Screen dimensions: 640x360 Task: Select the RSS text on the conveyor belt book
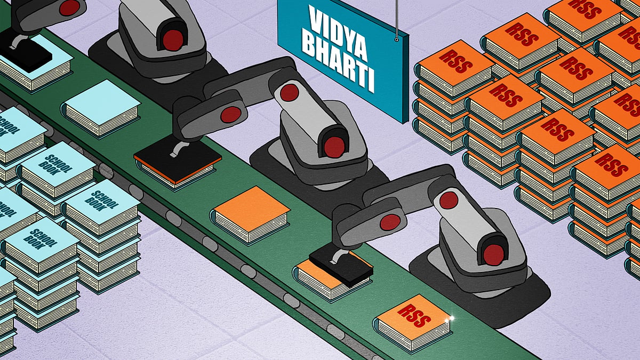pos(414,315)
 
